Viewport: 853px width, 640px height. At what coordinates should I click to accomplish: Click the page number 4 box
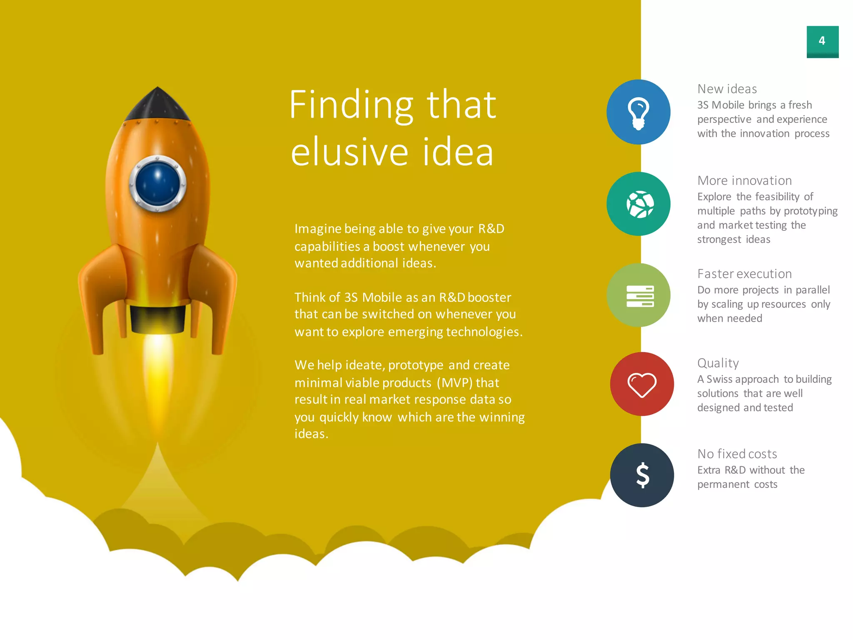(x=822, y=41)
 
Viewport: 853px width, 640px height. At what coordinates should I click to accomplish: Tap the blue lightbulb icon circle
(x=638, y=112)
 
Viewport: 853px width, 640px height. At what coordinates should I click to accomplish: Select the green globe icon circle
(x=638, y=204)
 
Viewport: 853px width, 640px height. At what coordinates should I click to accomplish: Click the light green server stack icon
(x=640, y=296)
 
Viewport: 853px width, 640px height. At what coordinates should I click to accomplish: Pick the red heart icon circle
(x=641, y=384)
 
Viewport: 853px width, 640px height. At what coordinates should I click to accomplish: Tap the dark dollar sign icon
(x=642, y=475)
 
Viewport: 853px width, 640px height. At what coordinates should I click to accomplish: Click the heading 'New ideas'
(x=727, y=89)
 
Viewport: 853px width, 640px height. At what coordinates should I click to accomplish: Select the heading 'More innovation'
(x=744, y=180)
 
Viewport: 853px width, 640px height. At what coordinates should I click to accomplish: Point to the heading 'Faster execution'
(x=744, y=274)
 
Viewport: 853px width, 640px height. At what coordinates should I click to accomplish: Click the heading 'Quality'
(x=718, y=363)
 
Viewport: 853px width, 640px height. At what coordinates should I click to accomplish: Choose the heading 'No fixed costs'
(x=737, y=454)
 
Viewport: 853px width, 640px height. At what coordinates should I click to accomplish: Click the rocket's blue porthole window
(x=157, y=184)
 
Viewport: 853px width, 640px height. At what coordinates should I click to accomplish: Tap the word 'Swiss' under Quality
(x=721, y=379)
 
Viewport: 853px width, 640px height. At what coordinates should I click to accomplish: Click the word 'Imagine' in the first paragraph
(x=317, y=229)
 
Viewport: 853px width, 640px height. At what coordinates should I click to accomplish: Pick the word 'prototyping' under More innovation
(x=810, y=211)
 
